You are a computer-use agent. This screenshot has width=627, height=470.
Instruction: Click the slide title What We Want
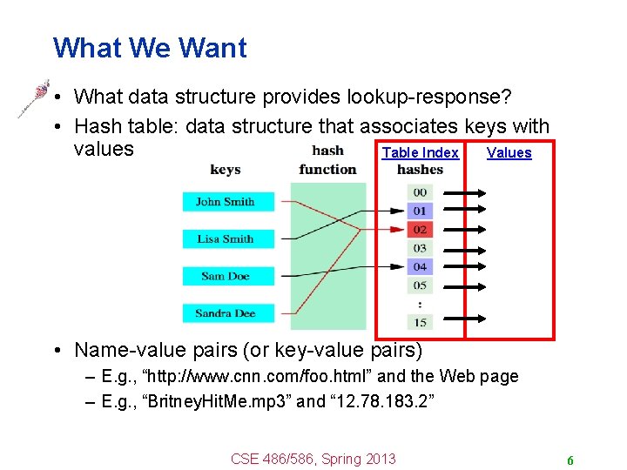pyautogui.click(x=150, y=48)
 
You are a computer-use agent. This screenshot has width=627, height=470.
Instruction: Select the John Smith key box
pyautogui.click(x=226, y=202)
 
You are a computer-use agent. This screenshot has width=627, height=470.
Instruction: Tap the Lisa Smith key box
pyautogui.click(x=226, y=239)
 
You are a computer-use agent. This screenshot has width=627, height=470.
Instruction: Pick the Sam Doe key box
pyautogui.click(x=226, y=277)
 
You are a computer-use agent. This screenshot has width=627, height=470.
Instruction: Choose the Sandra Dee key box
pyautogui.click(x=226, y=313)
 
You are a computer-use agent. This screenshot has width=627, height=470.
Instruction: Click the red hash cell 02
pyautogui.click(x=420, y=230)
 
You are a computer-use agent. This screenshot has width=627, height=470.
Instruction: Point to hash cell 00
pyautogui.click(x=420, y=192)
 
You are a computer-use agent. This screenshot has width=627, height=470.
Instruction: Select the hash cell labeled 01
pyautogui.click(x=420, y=211)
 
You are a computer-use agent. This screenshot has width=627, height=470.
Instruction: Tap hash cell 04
pyautogui.click(x=420, y=267)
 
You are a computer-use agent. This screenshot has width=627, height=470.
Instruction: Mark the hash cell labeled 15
pyautogui.click(x=420, y=323)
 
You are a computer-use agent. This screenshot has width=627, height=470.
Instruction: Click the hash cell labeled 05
pyautogui.click(x=420, y=285)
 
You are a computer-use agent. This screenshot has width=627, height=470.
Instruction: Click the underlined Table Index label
pyautogui.click(x=420, y=153)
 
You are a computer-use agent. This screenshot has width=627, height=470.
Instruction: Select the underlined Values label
pyautogui.click(x=509, y=153)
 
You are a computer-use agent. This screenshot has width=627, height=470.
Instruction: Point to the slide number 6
pyautogui.click(x=570, y=460)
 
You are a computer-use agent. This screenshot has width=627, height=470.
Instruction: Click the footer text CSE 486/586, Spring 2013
pyautogui.click(x=313, y=459)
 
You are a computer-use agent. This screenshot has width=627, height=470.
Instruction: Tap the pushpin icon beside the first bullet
pyautogui.click(x=33, y=98)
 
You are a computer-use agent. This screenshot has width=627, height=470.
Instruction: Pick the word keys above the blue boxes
pyautogui.click(x=226, y=170)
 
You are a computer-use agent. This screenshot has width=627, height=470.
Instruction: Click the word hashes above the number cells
pyautogui.click(x=420, y=170)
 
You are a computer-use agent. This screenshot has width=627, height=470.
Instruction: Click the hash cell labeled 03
pyautogui.click(x=420, y=249)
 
